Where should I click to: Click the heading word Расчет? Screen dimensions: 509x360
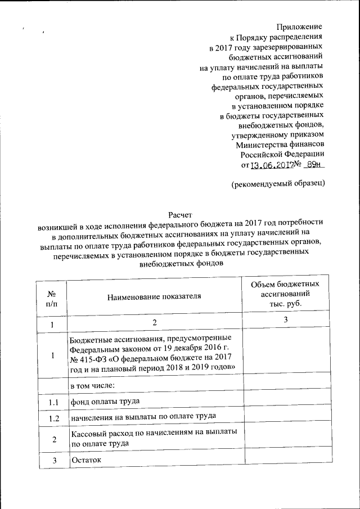tap(180, 214)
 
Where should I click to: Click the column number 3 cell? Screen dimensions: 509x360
tap(285, 320)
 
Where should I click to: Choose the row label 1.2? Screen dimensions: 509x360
tap(52, 418)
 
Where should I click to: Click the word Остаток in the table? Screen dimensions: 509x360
tap(84, 460)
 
